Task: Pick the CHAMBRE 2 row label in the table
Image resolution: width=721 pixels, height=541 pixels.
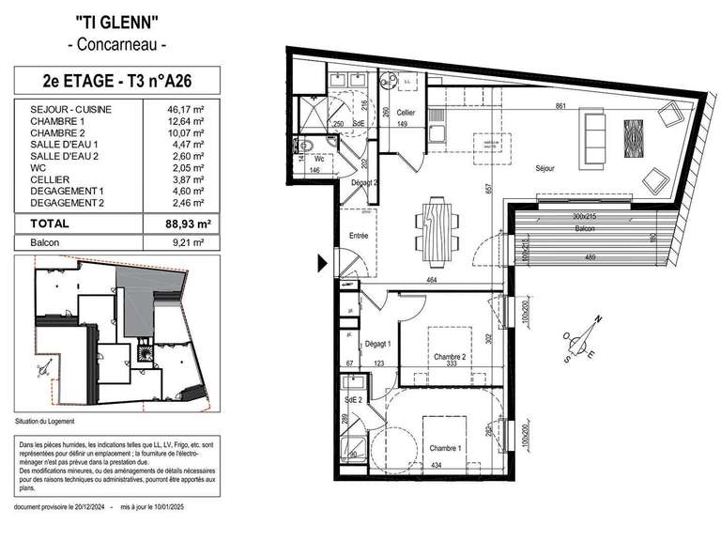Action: [58, 133]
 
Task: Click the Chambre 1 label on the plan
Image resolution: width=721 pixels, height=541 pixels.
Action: [445, 448]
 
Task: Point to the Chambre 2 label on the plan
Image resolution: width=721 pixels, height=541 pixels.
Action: [450, 357]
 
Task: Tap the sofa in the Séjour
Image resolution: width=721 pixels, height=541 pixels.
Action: [594, 137]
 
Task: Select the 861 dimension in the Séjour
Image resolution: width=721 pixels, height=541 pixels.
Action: [560, 107]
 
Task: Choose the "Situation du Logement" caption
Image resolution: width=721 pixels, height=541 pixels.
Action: [45, 420]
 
